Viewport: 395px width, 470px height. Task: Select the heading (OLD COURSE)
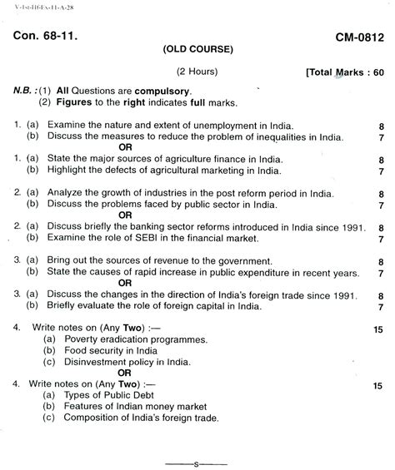point(198,49)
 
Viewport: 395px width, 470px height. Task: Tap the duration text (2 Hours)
point(197,72)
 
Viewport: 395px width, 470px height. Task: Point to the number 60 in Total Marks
point(377,72)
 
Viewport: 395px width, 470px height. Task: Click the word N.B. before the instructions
point(24,90)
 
